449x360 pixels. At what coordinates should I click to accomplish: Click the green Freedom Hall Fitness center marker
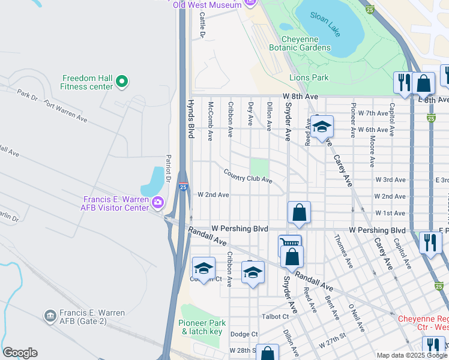122,80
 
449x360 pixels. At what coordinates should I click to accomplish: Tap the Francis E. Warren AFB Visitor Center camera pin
158,202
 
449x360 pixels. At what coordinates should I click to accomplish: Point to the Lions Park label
309,77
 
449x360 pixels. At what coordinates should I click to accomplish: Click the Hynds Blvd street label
191,119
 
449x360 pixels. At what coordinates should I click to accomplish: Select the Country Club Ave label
248,176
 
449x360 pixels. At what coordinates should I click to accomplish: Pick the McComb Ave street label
210,121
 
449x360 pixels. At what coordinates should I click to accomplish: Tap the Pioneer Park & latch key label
200,327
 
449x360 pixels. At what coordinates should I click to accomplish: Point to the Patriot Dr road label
169,169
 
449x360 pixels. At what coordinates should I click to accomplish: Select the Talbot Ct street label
275,316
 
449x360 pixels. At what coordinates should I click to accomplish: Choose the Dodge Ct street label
244,334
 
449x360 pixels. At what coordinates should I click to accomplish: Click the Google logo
20,353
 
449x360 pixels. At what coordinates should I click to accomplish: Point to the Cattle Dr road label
203,25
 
